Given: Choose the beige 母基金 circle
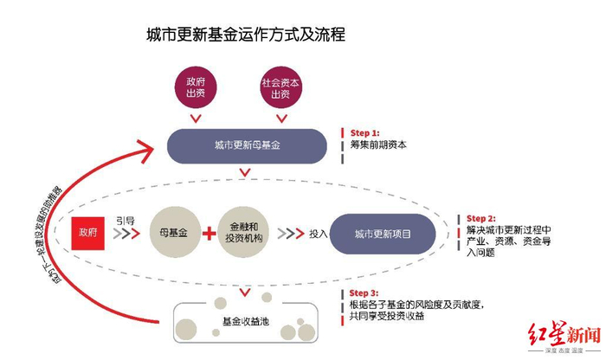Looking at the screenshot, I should click(x=173, y=234).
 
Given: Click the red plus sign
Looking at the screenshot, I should click(x=208, y=234).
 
